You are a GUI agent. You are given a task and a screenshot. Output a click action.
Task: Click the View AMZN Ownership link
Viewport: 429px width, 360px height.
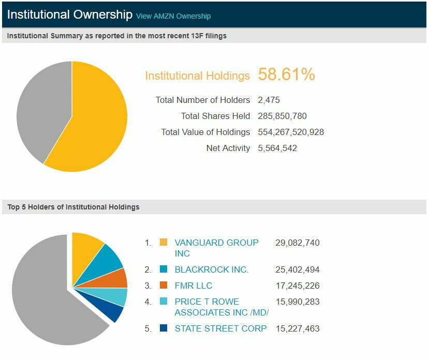pos(173,16)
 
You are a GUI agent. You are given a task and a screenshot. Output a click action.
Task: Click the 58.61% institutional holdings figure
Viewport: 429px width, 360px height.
pos(286,74)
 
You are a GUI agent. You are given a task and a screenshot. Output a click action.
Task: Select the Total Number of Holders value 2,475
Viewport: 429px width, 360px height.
pos(269,100)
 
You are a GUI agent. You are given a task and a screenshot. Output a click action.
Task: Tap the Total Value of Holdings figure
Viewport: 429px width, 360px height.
pos(291,132)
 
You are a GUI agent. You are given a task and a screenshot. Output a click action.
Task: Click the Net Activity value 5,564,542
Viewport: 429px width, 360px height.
pos(277,148)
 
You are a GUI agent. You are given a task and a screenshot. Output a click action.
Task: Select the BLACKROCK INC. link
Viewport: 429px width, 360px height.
pos(211,269)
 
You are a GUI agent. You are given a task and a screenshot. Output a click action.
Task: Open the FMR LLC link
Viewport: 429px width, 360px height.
pos(193,286)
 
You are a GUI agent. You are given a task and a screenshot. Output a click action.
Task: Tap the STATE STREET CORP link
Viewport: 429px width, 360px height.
pos(220,328)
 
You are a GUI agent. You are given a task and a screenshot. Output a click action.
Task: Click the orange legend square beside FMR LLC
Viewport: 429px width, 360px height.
pos(164,286)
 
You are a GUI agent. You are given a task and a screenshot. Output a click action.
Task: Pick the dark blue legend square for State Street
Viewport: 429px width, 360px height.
pos(164,328)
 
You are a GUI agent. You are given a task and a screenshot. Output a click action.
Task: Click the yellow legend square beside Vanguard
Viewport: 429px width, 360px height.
pos(164,243)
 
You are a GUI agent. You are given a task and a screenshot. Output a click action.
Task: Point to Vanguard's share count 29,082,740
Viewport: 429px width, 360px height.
pos(297,243)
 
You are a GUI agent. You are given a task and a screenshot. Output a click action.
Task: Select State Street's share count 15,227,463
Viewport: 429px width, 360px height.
pos(297,328)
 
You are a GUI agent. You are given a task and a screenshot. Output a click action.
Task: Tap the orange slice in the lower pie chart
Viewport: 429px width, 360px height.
pos(119,278)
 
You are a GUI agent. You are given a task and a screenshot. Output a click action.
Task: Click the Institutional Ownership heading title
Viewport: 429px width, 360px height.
pos(70,14)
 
